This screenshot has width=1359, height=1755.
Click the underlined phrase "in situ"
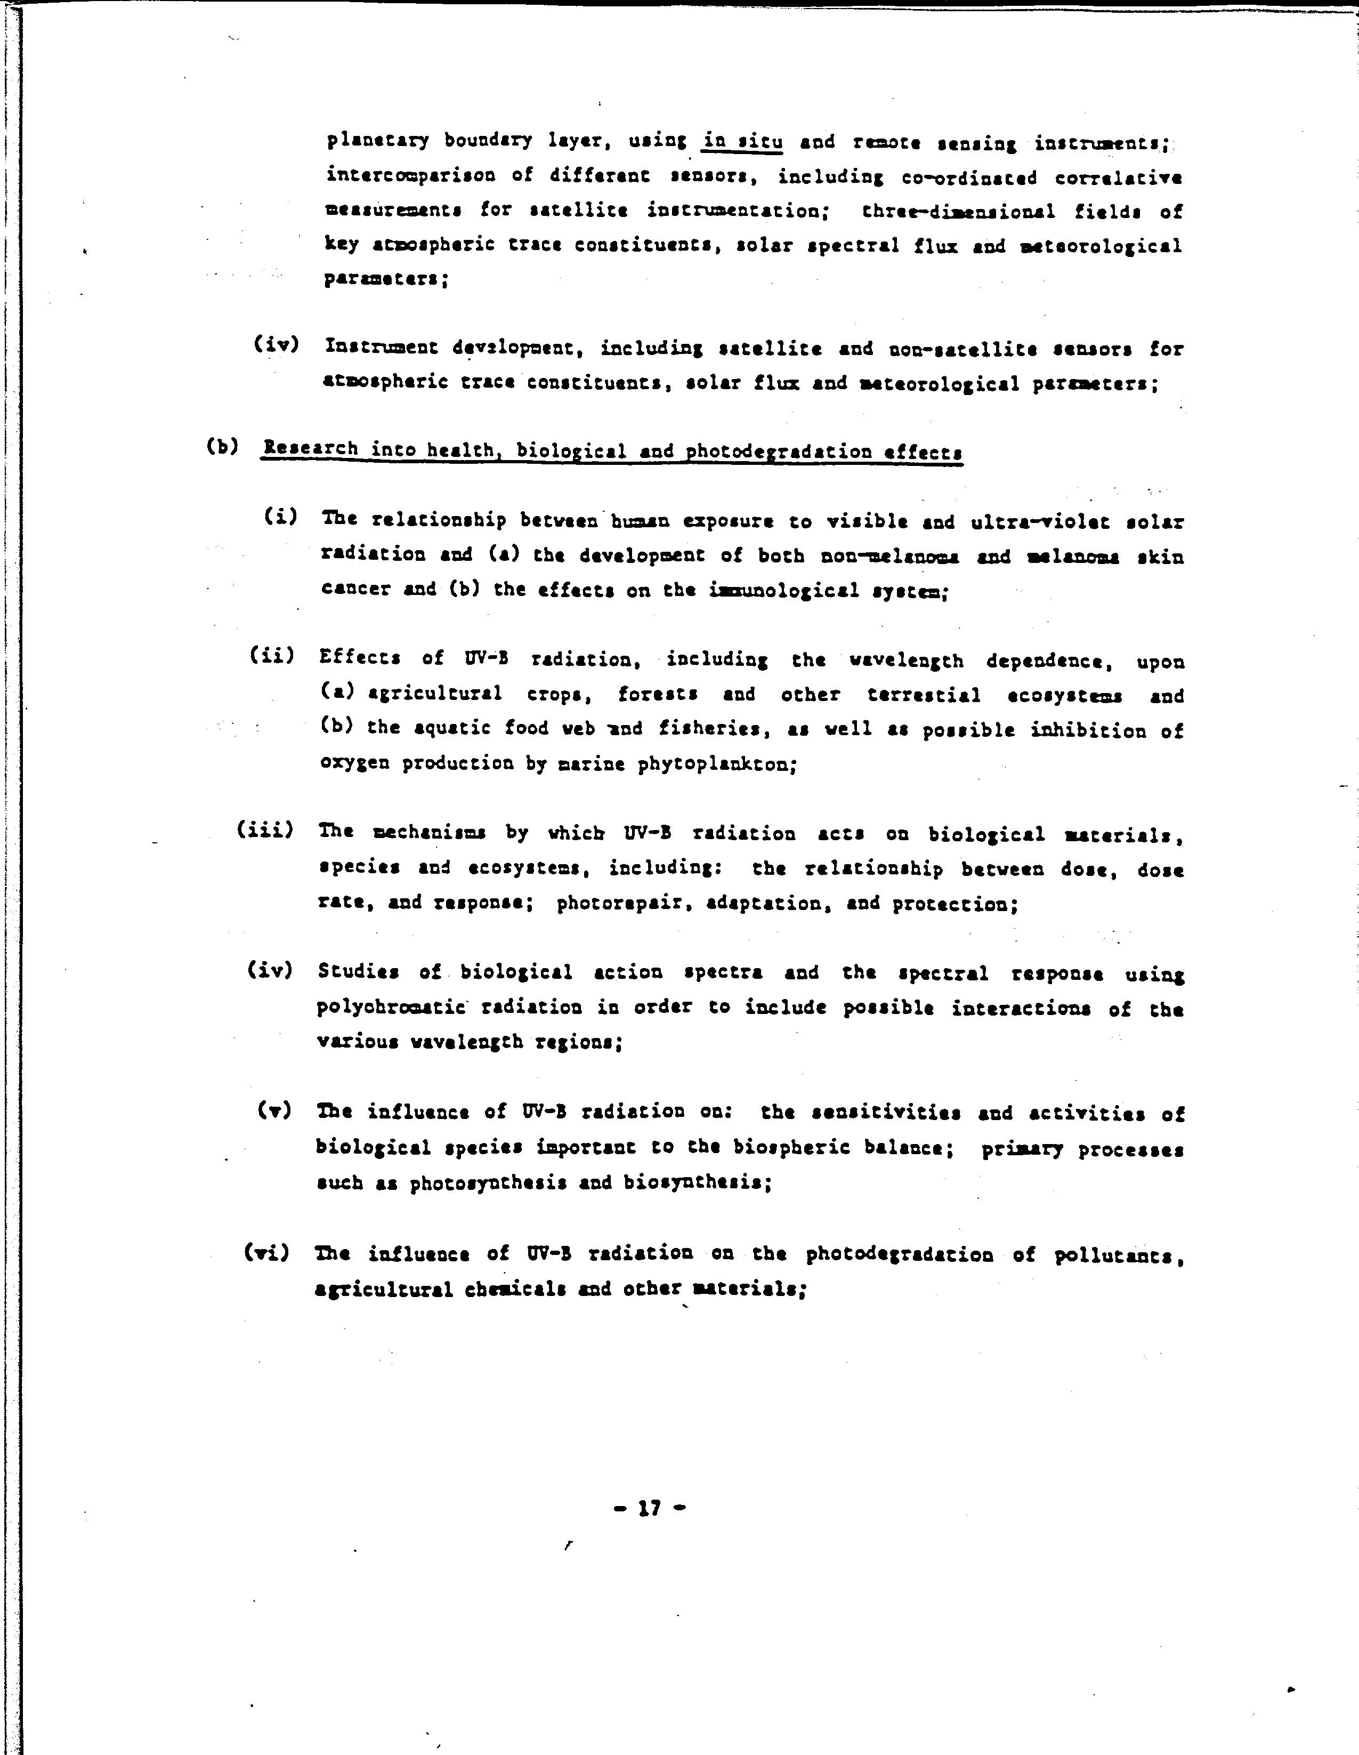pos(742,143)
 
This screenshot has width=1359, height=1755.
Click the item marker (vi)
pos(266,1253)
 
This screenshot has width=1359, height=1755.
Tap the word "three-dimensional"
pos(959,211)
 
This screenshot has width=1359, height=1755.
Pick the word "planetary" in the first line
pos(377,141)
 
